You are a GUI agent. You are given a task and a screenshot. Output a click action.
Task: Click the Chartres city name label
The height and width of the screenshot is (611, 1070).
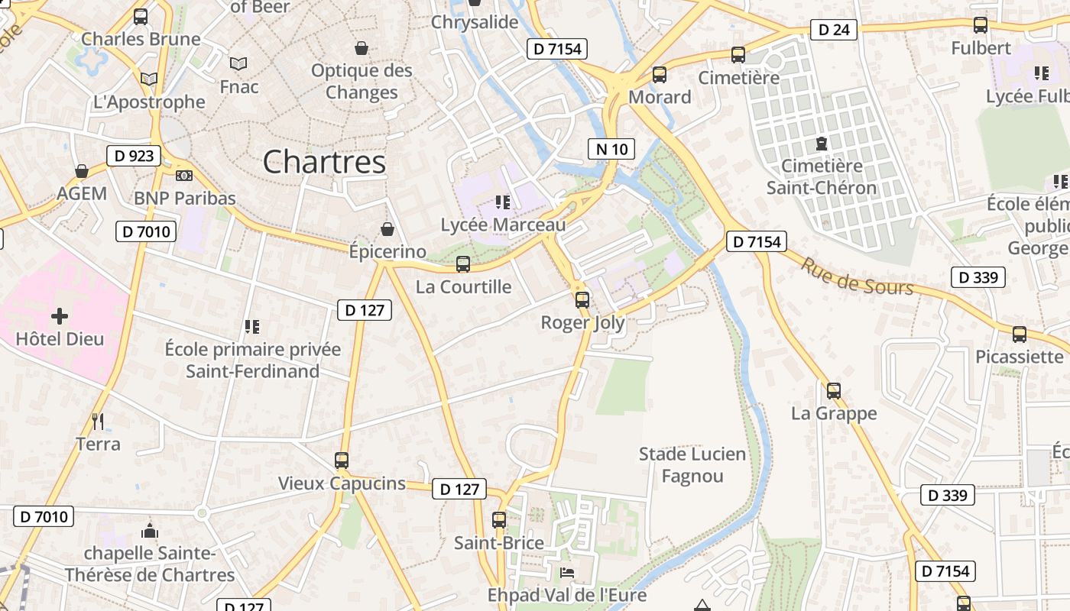324,162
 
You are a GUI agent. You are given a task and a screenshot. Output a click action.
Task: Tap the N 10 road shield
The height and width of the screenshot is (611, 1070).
611,149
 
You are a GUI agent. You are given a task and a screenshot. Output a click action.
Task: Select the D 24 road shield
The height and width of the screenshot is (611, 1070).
833,30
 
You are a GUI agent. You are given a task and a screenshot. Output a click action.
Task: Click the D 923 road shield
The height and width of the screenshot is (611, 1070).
135,156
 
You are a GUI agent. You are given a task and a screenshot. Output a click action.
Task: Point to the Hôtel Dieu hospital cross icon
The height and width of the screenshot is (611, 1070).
60,315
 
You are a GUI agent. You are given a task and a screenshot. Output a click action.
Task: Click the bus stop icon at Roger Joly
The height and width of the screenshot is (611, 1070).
582,299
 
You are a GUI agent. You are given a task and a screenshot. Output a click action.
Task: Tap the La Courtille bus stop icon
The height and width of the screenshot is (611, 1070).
463,264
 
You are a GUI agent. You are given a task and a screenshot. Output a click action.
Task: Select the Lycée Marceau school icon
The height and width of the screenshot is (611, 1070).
503,202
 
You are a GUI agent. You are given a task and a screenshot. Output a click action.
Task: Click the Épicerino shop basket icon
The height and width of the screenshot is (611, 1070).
387,228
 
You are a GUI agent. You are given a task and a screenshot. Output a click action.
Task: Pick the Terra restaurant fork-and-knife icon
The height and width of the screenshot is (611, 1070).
98,421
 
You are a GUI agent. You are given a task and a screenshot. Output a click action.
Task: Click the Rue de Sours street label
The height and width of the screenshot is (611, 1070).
856,276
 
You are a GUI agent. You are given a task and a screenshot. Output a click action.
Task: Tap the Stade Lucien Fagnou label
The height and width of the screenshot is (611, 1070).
692,465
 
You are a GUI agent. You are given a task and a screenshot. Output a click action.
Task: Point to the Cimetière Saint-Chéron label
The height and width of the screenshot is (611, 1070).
822,176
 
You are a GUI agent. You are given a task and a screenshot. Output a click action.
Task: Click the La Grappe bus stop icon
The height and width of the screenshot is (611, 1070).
834,390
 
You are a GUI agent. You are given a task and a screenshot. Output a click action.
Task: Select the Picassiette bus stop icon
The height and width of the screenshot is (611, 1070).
1020,334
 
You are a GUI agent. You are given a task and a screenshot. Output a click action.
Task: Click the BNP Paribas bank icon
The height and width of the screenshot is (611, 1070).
184,176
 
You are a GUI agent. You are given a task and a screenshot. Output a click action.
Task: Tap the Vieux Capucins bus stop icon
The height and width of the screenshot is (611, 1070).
342,461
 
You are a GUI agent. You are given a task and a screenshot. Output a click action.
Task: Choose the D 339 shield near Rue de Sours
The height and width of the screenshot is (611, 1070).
978,277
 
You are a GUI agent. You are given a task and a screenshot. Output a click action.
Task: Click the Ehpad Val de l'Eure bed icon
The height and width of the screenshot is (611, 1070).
567,572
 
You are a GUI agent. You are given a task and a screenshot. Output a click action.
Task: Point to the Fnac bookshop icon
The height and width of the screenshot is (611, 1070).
238,63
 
